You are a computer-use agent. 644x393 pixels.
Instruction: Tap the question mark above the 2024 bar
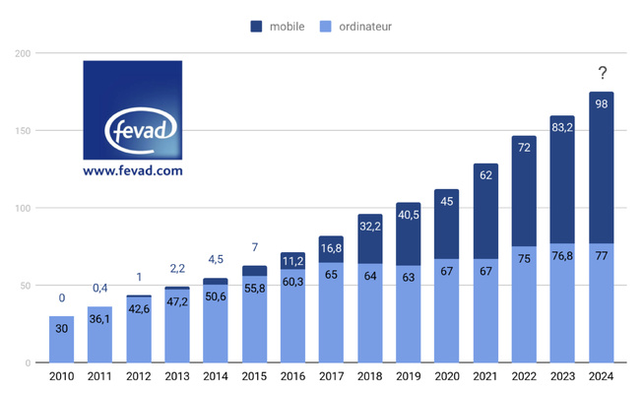click(602, 74)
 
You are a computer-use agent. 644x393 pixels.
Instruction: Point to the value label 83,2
click(563, 126)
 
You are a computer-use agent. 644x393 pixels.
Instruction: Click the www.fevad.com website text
click(133, 170)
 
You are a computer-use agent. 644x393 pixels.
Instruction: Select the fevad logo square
click(133, 109)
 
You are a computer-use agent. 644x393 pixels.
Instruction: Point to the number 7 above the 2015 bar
click(253, 246)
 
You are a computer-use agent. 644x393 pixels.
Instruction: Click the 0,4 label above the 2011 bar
click(98, 288)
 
